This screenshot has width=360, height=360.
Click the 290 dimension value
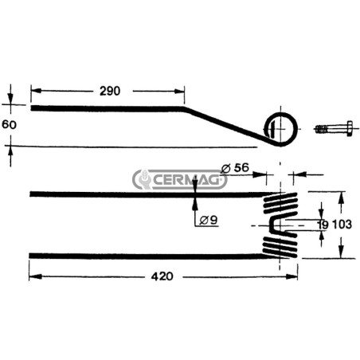(x=110, y=91)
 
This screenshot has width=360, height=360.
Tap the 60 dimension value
(x=10, y=124)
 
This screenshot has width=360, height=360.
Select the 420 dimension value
(x=162, y=276)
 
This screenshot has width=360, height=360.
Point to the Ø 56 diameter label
(x=235, y=168)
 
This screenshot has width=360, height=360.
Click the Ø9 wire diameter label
(x=209, y=220)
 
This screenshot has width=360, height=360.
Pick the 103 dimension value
(x=342, y=225)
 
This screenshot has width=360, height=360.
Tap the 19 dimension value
(x=323, y=225)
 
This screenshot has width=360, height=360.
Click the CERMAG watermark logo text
(x=186, y=181)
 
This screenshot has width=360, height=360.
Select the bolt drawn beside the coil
(x=334, y=129)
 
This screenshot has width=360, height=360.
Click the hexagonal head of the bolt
(x=350, y=129)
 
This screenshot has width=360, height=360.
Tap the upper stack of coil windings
(x=280, y=203)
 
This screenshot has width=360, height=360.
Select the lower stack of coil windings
(x=280, y=248)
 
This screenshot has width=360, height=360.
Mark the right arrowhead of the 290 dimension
(x=179, y=92)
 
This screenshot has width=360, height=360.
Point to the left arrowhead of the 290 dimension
(x=36, y=91)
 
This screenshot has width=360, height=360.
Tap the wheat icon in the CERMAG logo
(x=145, y=178)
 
